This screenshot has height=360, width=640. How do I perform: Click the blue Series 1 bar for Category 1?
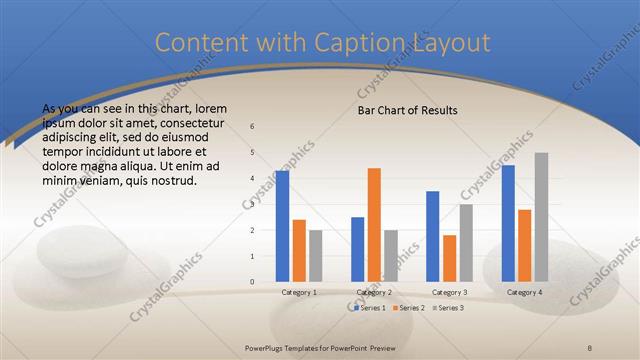(283, 226)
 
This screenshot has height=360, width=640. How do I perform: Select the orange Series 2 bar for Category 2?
(374, 224)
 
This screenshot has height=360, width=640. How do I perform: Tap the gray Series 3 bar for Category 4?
(541, 217)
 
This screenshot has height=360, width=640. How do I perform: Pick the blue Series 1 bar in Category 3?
(433, 236)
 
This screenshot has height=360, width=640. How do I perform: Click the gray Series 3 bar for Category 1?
(315, 256)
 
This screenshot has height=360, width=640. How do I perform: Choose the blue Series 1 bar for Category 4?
(509, 223)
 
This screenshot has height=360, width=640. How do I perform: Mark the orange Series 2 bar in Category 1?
(299, 250)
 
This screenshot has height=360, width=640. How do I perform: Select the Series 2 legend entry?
(405, 308)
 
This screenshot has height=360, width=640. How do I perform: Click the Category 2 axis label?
(374, 292)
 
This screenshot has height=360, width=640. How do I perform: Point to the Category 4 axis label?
(525, 292)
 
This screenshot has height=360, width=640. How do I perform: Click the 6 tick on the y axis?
(252, 127)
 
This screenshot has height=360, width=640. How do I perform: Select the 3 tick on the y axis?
(252, 205)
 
